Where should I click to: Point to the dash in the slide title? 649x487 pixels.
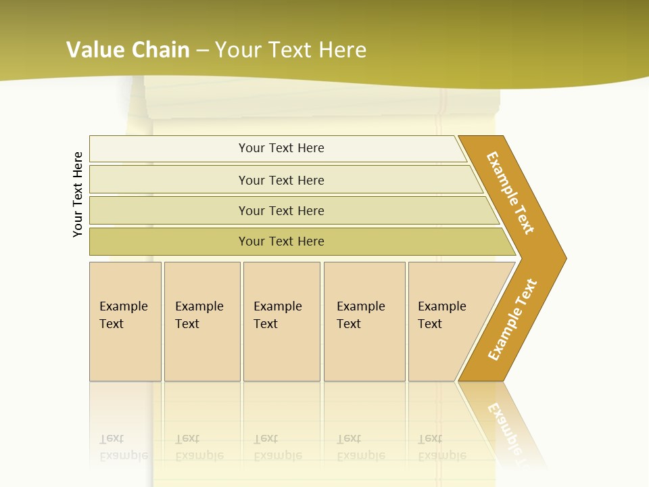203,50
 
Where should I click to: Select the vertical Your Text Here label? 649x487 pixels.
78,194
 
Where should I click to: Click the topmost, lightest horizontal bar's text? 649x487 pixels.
281,148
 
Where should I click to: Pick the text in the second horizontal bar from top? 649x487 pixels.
281,181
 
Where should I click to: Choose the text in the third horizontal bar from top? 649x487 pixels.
281,211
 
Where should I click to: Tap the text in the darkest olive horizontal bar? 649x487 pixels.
281,241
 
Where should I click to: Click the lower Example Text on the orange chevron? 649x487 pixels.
512,320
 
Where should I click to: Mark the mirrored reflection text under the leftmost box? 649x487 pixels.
124,448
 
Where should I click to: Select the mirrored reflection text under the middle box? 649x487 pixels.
278,448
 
